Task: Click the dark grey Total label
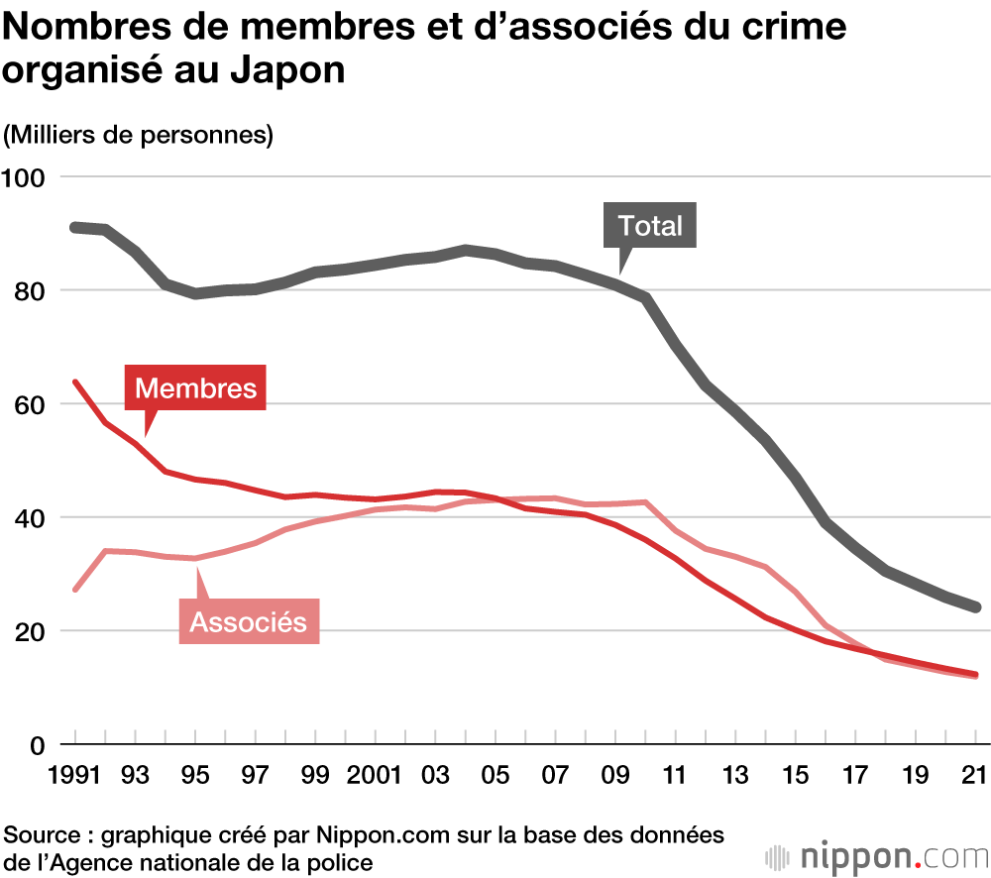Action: point(650,226)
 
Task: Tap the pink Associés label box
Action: point(249,621)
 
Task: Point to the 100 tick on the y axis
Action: point(27,177)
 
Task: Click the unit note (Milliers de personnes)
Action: point(138,134)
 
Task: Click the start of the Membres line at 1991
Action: point(75,382)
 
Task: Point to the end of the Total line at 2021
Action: point(975,607)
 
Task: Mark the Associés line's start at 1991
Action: point(75,590)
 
